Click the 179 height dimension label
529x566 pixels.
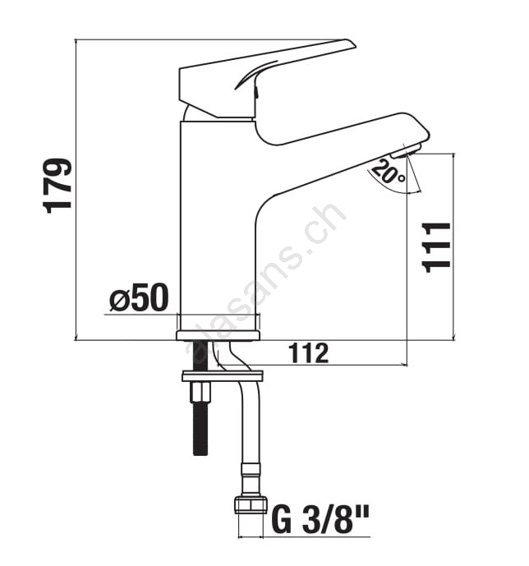coord(57,186)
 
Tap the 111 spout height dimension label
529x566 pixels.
coord(437,247)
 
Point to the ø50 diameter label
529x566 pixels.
coord(140,297)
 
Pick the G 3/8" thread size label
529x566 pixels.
coord(320,521)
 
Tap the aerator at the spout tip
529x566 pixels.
coord(406,150)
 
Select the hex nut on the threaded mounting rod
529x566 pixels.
coord(199,393)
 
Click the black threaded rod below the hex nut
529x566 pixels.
coord(200,429)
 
